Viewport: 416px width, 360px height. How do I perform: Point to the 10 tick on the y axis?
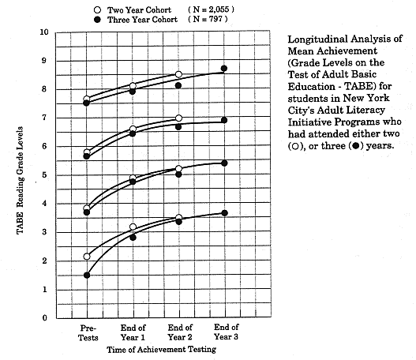pos(46,32)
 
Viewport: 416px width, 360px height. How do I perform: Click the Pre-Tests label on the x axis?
pos(87,332)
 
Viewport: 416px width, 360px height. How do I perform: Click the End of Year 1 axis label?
pos(133,332)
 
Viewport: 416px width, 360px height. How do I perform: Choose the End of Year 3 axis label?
pos(224,332)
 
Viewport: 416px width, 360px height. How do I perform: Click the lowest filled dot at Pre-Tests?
pos(87,276)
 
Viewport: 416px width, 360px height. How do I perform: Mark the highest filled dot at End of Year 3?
pos(224,69)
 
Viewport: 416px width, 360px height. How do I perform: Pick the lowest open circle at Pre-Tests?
pos(87,257)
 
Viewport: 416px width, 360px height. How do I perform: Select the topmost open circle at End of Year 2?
pos(178,74)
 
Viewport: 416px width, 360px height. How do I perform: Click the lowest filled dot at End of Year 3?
pos(224,213)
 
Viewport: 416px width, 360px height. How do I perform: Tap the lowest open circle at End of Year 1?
pos(133,227)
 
